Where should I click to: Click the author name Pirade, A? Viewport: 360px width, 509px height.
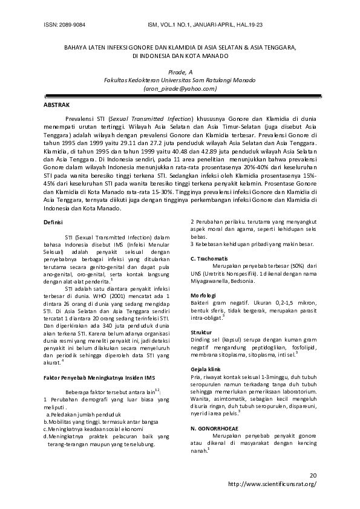coord(180,72)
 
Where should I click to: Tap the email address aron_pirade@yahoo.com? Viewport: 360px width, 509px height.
coord(180,88)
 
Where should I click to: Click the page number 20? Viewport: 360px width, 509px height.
coord(312,476)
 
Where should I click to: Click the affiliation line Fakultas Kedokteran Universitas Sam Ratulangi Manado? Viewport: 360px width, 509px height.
coord(180,80)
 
